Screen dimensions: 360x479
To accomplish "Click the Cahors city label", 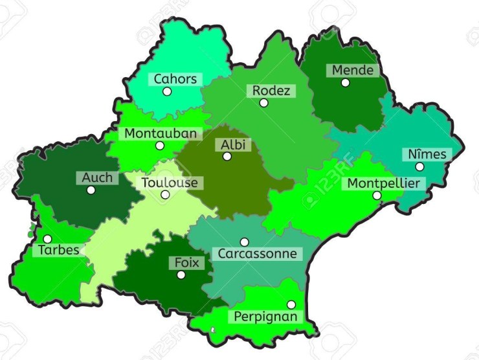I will click(x=175, y=79).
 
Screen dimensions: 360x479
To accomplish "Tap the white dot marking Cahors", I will click(x=167, y=91).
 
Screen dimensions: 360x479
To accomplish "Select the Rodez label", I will click(x=271, y=91).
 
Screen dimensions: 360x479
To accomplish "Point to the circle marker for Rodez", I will click(x=263, y=102).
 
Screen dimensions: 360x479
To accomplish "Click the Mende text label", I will click(x=353, y=70).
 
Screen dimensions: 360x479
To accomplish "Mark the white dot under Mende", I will click(x=345, y=82).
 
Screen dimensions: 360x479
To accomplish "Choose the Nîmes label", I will click(x=427, y=154).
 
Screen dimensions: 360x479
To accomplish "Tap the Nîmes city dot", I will click(x=419, y=166).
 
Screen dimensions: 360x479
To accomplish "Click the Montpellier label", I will click(x=383, y=183).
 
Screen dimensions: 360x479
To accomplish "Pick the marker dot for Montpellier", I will click(x=377, y=195).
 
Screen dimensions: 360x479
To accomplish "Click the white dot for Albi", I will click(x=227, y=156).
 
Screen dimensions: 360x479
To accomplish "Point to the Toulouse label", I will click(x=170, y=183).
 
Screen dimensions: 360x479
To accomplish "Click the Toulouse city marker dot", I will click(x=165, y=194).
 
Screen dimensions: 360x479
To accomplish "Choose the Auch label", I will click(x=97, y=177).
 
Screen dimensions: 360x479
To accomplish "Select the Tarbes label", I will click(x=58, y=249).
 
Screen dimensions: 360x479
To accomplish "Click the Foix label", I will click(x=188, y=263).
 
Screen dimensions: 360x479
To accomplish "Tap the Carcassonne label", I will click(x=257, y=253).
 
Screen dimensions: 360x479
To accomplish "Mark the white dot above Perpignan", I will click(x=291, y=304).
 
